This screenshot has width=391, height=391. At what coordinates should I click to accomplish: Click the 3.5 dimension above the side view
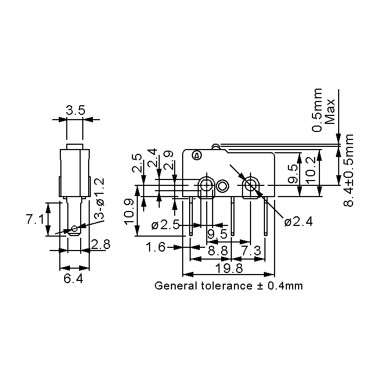click(75, 111)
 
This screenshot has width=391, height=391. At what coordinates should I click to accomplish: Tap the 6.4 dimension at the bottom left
click(73, 278)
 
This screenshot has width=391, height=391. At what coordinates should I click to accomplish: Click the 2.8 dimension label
click(100, 245)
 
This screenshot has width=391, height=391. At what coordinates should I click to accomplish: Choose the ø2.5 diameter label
click(165, 225)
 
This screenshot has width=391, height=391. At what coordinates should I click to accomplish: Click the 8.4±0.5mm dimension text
click(349, 170)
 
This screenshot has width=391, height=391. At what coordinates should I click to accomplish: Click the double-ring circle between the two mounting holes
click(223, 186)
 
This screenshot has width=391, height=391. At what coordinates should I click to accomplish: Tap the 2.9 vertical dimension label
click(169, 161)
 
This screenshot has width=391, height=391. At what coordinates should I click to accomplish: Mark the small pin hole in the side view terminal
click(74, 230)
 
